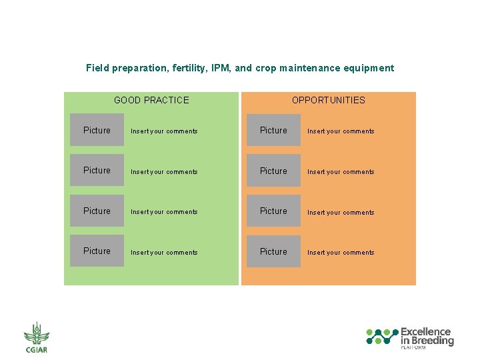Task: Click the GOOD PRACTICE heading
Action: (x=151, y=101)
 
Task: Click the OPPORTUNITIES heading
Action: (x=328, y=101)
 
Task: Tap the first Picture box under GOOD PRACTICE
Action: (x=97, y=131)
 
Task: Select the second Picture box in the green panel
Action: (x=97, y=171)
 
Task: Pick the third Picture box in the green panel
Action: (x=97, y=211)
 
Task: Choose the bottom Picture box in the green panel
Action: (x=97, y=251)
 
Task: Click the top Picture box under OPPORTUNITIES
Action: (x=273, y=131)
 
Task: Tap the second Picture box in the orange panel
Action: (x=273, y=171)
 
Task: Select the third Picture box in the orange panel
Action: (x=273, y=211)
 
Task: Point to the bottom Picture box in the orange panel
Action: (x=273, y=252)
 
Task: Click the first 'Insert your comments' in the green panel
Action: (x=164, y=131)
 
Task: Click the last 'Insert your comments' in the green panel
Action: (x=164, y=253)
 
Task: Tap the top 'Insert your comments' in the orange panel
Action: (x=341, y=131)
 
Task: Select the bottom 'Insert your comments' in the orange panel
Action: (x=341, y=253)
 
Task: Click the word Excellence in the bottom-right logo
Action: (x=425, y=332)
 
